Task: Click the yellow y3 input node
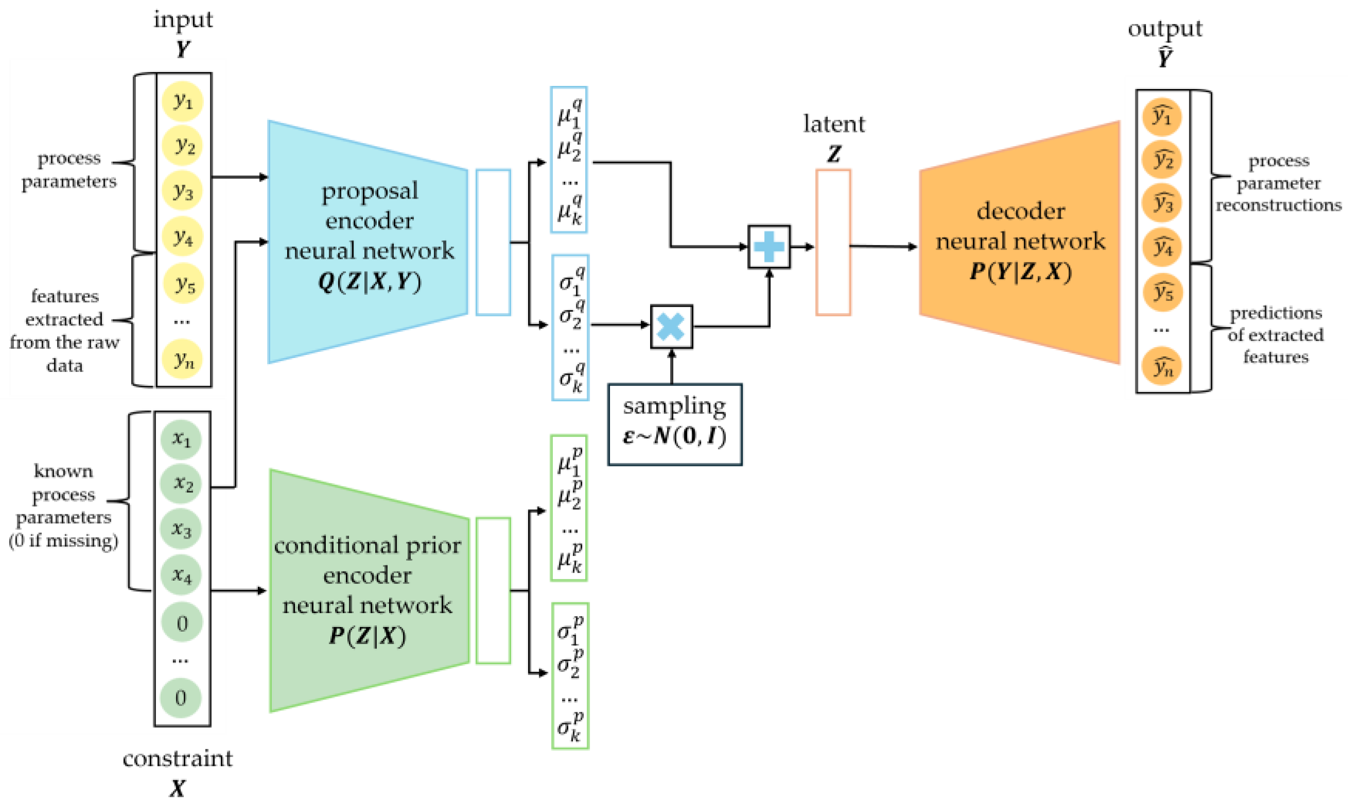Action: pos(183,190)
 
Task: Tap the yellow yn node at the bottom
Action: pos(183,359)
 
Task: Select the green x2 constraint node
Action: pos(181,484)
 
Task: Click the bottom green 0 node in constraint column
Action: pos(181,697)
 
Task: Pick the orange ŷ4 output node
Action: pos(1162,247)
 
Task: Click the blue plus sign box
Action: pos(769,247)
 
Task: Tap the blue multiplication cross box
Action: pos(671,327)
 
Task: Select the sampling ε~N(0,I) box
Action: pos(675,424)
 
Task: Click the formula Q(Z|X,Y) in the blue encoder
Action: pos(369,282)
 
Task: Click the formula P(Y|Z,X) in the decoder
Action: pos(1020,271)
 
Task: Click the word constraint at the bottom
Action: pos(178,758)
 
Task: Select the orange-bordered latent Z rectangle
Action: pos(833,242)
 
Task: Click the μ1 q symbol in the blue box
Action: pos(569,113)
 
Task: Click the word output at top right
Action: pos(1165,28)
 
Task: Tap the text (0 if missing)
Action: pos(63,541)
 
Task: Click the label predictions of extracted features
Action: pos(1275,335)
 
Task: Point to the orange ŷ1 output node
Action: pos(1162,117)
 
